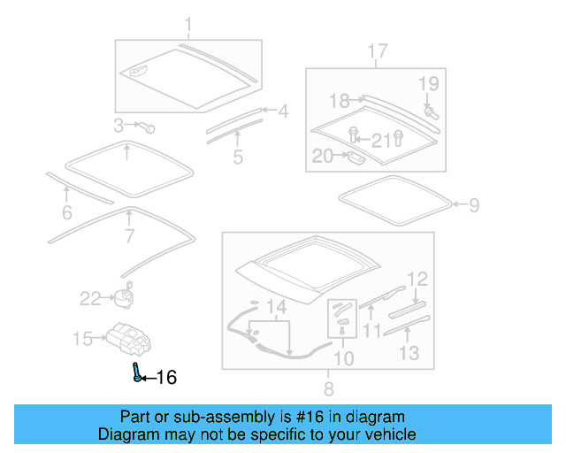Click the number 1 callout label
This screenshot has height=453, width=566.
(187, 24)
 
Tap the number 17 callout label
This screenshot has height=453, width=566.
(377, 52)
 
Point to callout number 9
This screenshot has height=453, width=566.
(474, 206)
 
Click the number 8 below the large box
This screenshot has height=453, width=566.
(328, 388)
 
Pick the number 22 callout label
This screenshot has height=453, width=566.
(91, 298)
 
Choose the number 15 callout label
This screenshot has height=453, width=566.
(82, 338)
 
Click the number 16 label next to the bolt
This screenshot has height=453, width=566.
(165, 378)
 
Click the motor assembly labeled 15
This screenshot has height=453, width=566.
(129, 337)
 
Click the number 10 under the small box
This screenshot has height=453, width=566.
(342, 357)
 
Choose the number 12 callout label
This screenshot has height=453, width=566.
(417, 279)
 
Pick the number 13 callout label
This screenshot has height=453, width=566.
(408, 355)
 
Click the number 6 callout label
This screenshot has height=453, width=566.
(67, 212)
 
